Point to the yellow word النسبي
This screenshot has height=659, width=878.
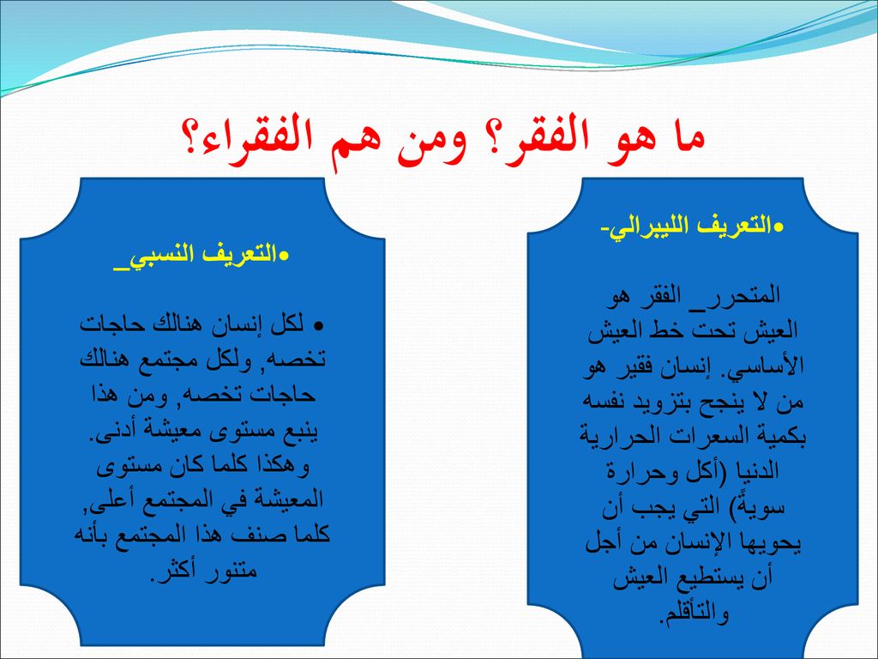click(155, 255)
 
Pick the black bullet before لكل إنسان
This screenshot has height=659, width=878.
click(319, 326)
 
